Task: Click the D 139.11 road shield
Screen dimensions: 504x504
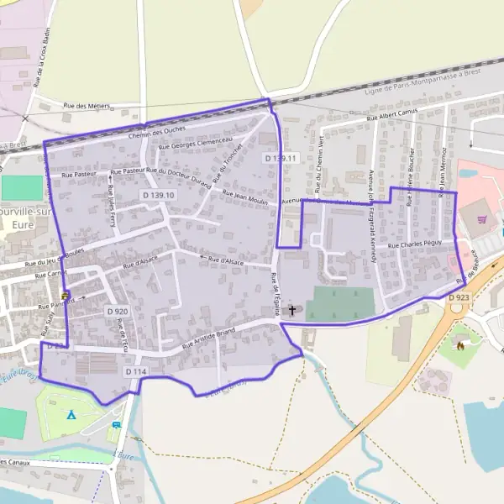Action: [x=281, y=158]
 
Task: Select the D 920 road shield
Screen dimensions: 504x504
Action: [x=118, y=312]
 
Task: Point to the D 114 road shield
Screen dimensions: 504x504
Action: [x=136, y=371]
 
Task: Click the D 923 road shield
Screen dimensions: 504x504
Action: [x=458, y=297]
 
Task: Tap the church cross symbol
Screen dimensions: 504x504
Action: [x=292, y=310]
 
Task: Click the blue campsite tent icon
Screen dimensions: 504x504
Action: [x=71, y=414]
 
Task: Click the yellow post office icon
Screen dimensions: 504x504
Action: [x=65, y=296]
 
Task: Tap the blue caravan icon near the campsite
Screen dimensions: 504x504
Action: [x=116, y=425]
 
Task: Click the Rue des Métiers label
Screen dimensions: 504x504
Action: [x=87, y=106]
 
